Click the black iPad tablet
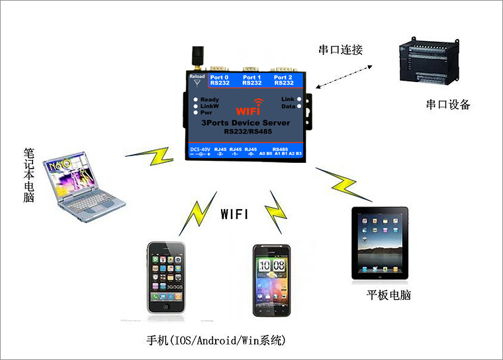point(379,243)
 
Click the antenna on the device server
point(197,58)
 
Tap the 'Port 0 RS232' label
point(220,80)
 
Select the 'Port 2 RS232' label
point(283,80)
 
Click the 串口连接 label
point(341,50)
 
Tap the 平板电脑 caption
point(389,294)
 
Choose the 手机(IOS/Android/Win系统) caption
point(216,341)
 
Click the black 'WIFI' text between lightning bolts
point(234,214)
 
